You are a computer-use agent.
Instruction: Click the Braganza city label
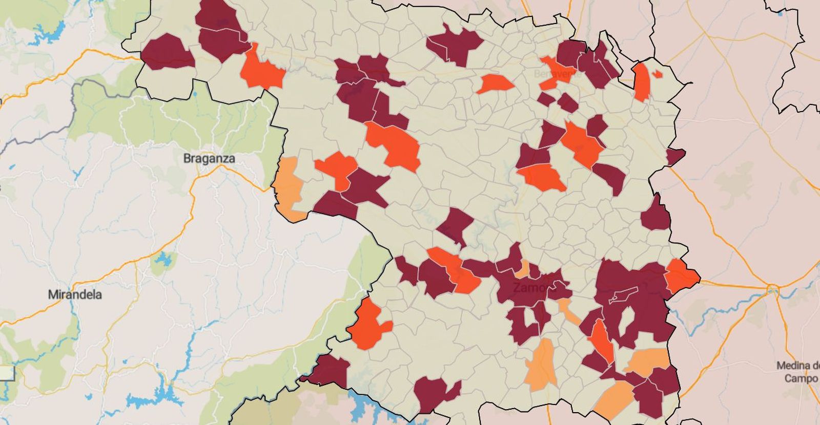[x=209, y=159]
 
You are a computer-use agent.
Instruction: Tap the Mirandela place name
[x=75, y=295]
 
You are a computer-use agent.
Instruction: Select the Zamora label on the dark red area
[x=531, y=288]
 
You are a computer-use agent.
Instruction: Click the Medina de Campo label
[x=797, y=372]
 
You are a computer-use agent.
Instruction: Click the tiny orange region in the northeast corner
[x=658, y=74]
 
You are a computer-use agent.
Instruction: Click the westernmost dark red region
[x=168, y=52]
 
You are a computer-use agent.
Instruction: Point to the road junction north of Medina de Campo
[x=772, y=290]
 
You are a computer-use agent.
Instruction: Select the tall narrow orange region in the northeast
[x=641, y=82]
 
